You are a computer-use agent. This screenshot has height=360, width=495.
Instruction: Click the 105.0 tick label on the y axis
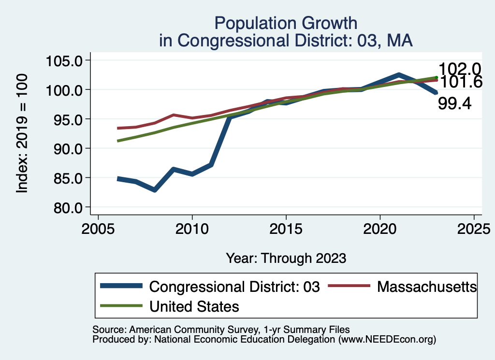tap(65, 61)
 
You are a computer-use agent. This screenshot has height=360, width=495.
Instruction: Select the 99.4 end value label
tap(454, 103)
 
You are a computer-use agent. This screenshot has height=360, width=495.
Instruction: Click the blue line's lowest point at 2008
tap(155, 190)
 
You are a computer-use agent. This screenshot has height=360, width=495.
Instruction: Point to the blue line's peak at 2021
tap(399, 75)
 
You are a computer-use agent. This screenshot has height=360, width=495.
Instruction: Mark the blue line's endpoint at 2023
tap(436, 93)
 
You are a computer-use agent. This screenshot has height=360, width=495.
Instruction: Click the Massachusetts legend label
tap(427, 287)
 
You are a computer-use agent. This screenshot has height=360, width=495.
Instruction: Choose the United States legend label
tap(194, 306)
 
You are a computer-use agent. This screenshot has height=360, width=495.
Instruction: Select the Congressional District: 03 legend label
tap(235, 287)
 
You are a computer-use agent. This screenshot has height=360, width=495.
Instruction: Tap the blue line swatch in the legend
tap(121, 287)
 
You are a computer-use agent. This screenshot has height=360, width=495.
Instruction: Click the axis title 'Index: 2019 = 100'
tap(22, 134)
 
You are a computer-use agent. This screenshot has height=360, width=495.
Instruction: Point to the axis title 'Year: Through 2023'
tap(286, 258)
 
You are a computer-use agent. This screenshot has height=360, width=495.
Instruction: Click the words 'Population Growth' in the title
tap(286, 23)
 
